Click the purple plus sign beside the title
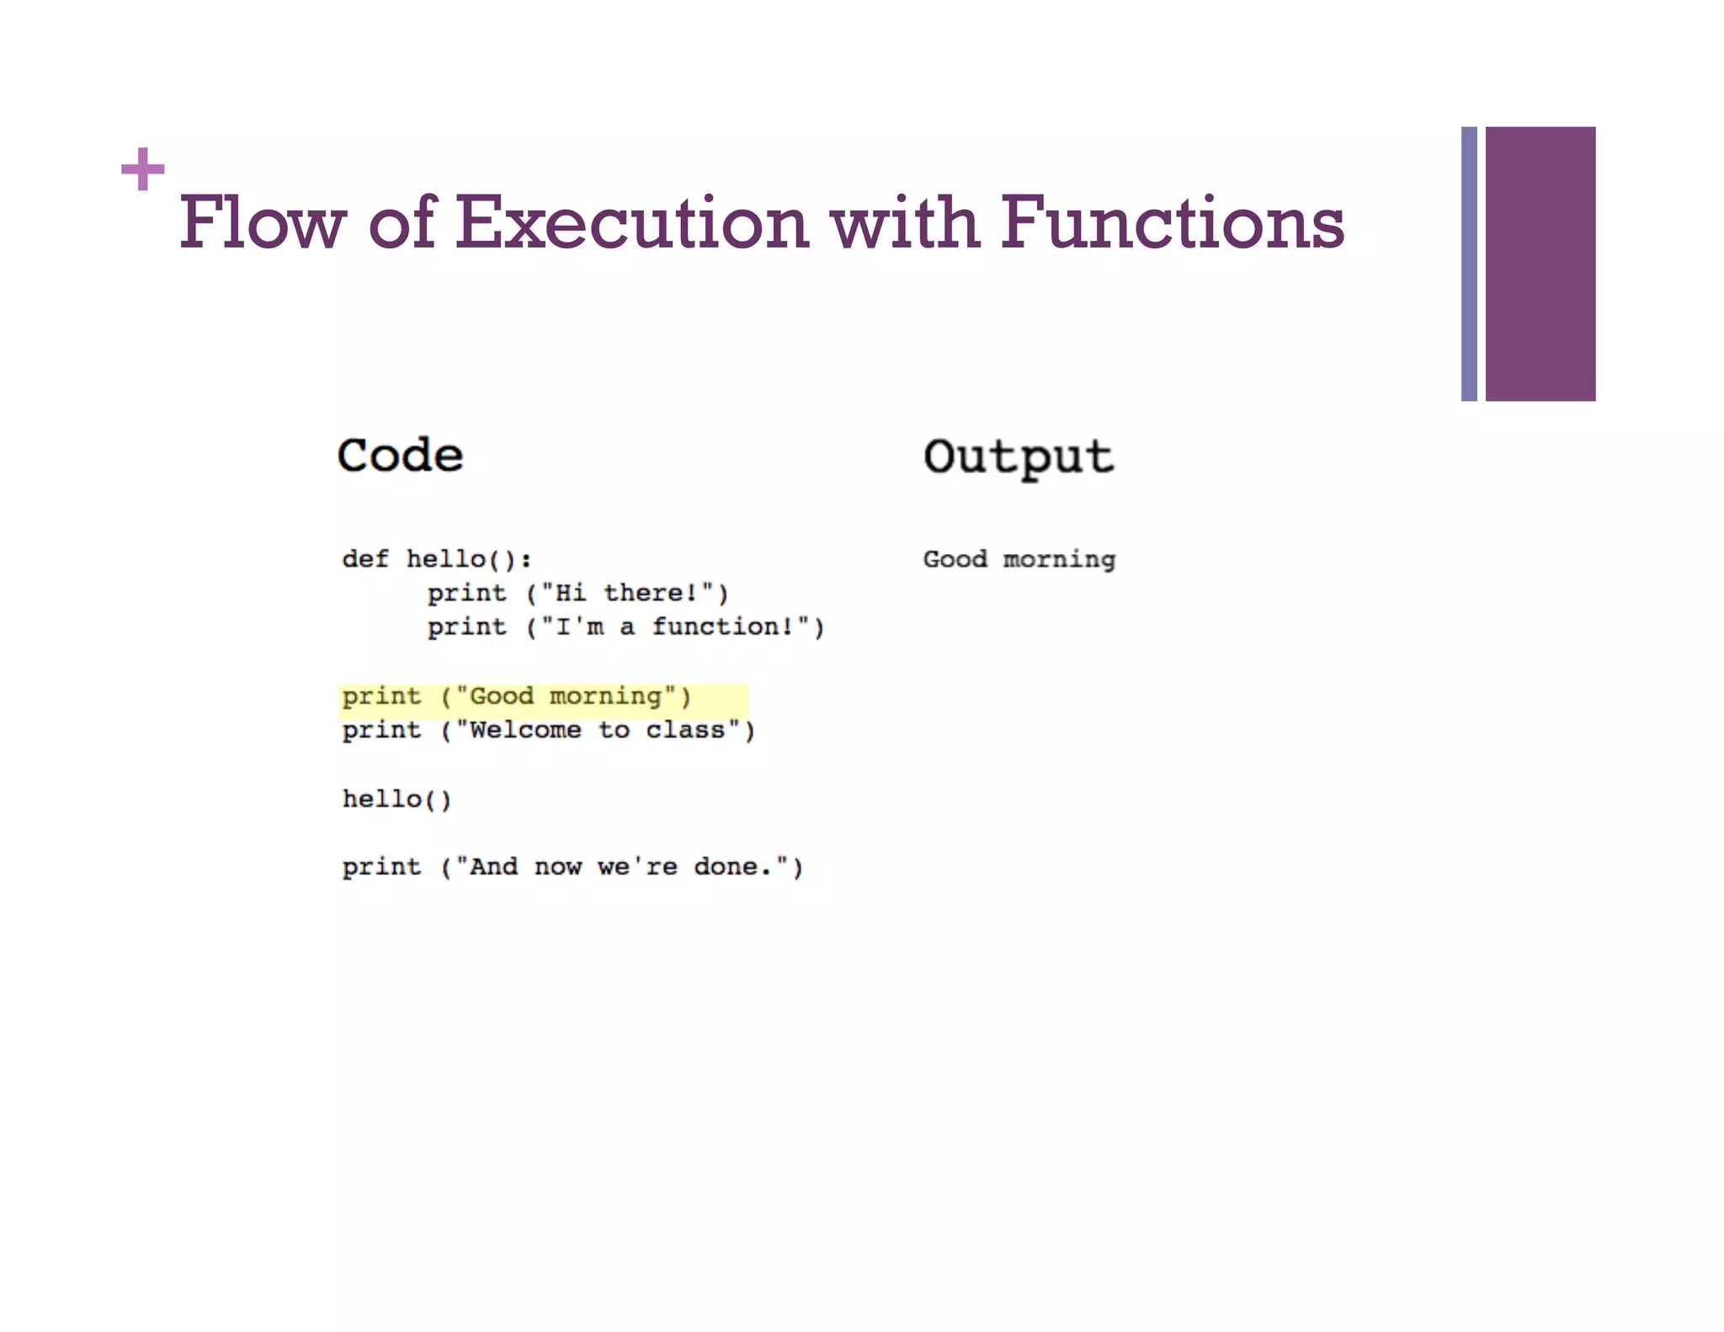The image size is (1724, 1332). [x=142, y=169]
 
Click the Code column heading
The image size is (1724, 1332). [x=400, y=456]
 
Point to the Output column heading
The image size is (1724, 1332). [x=1018, y=457]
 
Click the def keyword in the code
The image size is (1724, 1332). [x=365, y=559]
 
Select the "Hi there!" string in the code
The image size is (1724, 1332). [x=627, y=593]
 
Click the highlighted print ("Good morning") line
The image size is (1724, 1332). [x=516, y=696]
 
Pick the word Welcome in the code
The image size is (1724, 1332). [x=524, y=730]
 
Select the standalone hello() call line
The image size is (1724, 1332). [x=396, y=799]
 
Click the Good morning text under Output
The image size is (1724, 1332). [x=1019, y=559]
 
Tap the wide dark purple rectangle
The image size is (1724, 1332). [x=1540, y=264]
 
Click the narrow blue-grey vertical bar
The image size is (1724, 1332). [x=1469, y=264]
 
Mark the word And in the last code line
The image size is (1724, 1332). [x=493, y=866]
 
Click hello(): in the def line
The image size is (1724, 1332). [x=469, y=559]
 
